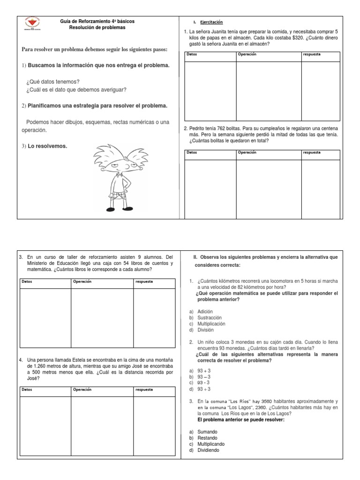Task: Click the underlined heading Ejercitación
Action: pyautogui.click(x=211, y=22)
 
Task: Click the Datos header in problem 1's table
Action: pyautogui.click(x=192, y=54)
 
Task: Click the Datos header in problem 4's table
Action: pyautogui.click(x=29, y=390)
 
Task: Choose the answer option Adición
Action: pyautogui.click(x=205, y=311)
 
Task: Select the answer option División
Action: pyautogui.click(x=205, y=330)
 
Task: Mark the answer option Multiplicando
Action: pyautogui.click(x=211, y=444)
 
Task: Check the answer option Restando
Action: pyautogui.click(x=207, y=438)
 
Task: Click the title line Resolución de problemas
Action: pyautogui.click(x=97, y=28)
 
